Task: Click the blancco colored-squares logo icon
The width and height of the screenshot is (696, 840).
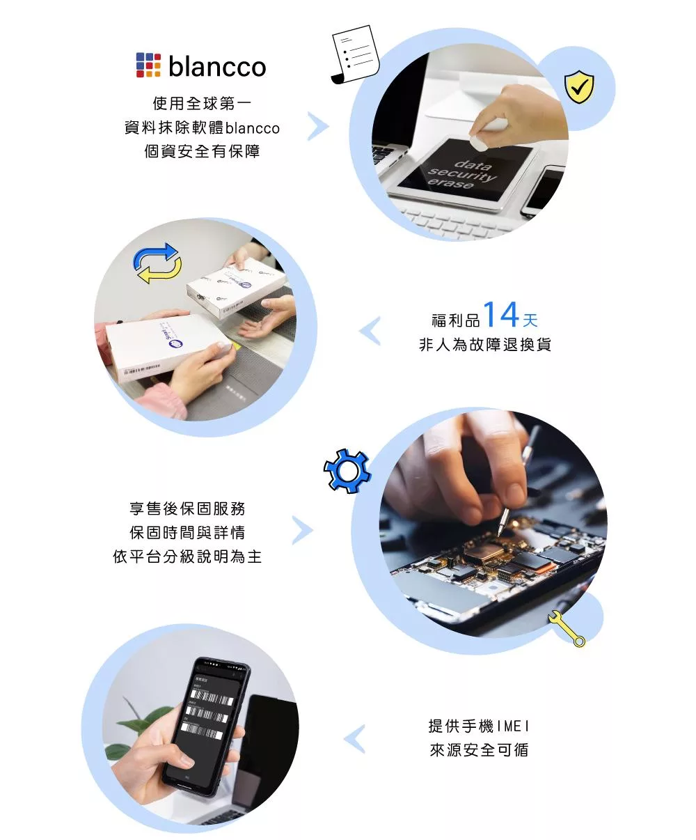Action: tap(148, 65)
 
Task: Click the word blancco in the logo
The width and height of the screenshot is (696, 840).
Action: tap(217, 67)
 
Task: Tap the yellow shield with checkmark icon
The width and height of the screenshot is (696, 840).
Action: tap(578, 88)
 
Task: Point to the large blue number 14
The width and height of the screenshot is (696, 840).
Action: tap(501, 315)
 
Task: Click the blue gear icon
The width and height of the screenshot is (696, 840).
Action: tap(347, 472)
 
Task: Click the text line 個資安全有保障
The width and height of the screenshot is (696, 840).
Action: tap(202, 152)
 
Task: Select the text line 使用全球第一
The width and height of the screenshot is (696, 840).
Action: tap(202, 104)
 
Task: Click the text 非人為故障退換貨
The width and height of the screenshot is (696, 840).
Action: tap(485, 345)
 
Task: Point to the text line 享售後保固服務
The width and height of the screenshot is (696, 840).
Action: tap(187, 508)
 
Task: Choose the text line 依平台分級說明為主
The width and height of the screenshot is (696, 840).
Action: tap(187, 557)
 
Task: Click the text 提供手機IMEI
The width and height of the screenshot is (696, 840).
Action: tap(479, 726)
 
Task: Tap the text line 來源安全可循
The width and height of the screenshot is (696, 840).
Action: tap(479, 750)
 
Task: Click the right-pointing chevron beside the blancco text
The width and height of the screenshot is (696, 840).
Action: tap(317, 127)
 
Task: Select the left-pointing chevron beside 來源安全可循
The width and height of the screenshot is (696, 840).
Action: tap(355, 739)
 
